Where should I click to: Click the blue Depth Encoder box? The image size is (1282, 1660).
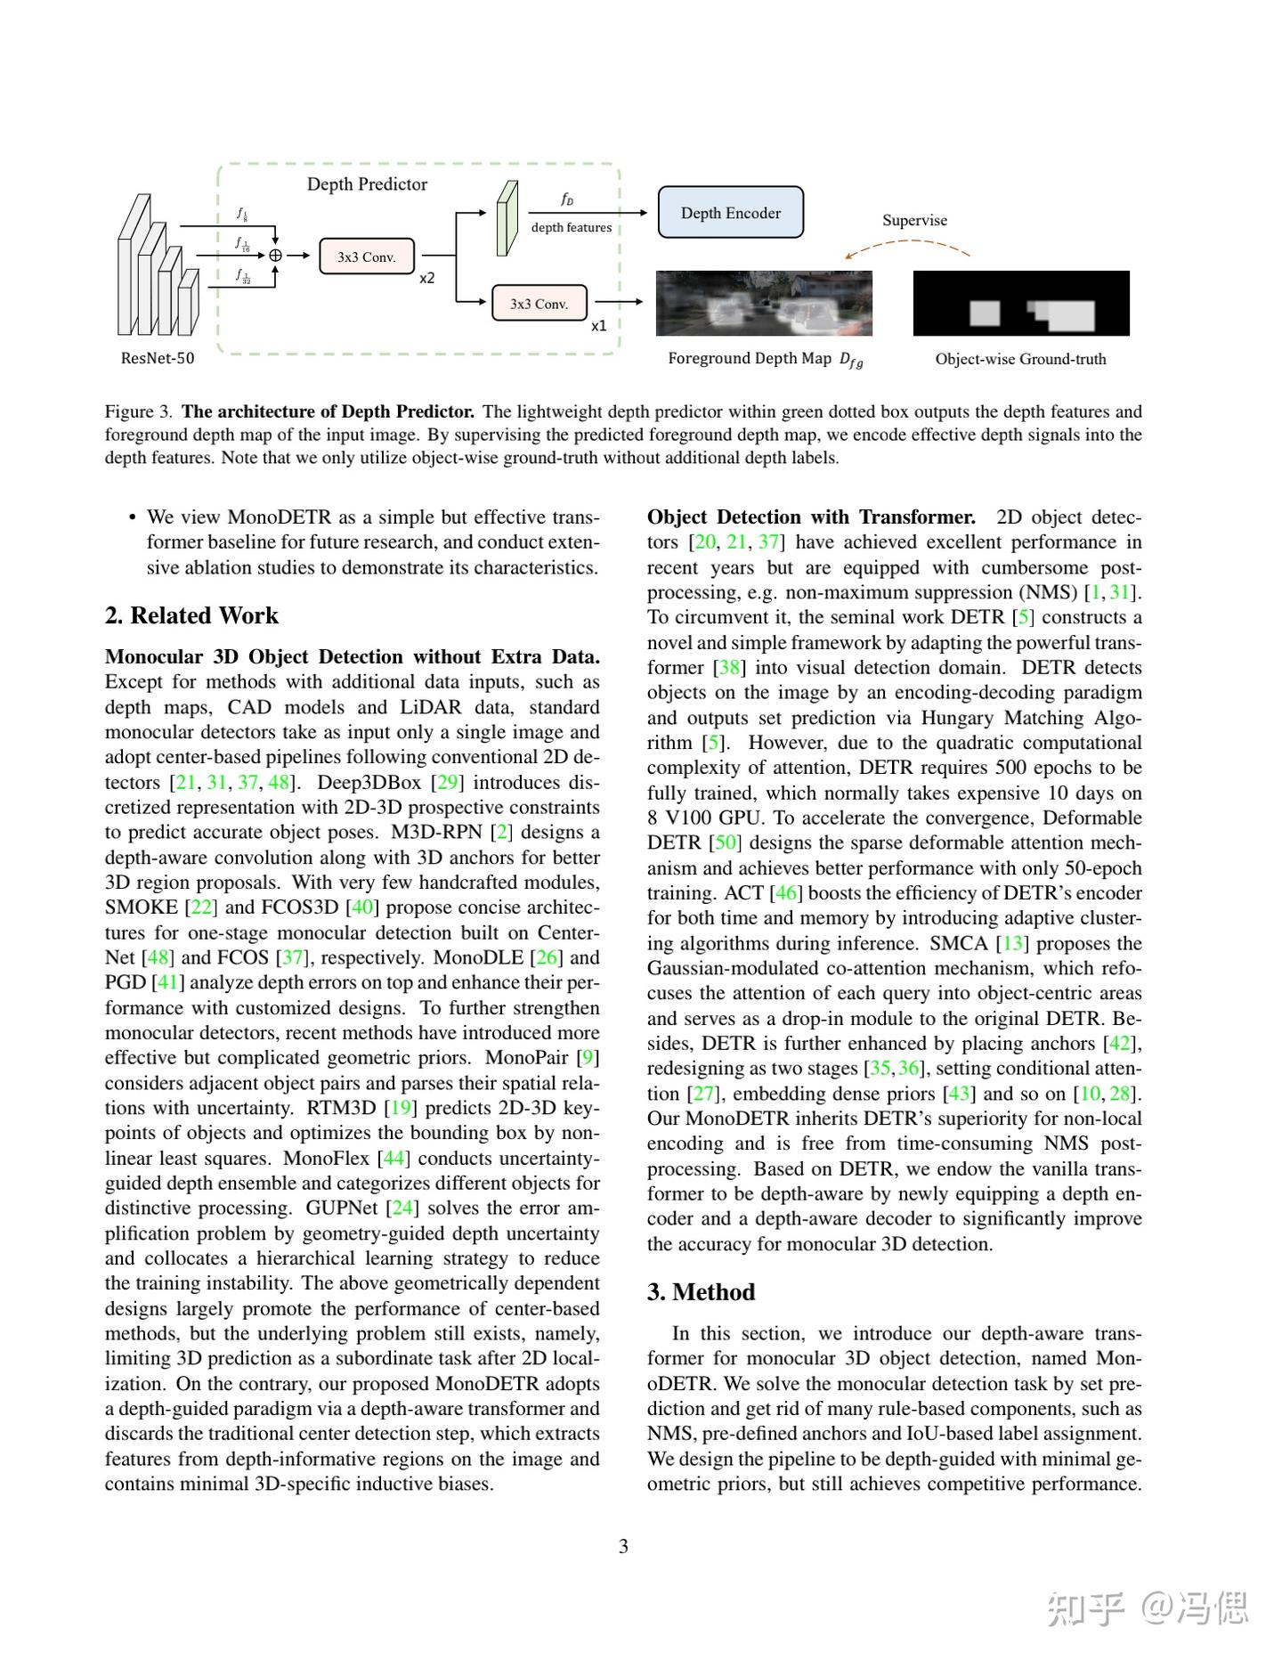point(730,213)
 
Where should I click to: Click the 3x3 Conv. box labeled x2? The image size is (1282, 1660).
point(366,256)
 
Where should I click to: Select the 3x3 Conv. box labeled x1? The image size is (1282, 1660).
point(539,304)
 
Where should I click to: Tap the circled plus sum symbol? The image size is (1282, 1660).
point(276,256)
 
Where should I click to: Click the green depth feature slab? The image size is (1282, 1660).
point(507,219)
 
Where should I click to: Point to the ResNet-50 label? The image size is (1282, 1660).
point(158,359)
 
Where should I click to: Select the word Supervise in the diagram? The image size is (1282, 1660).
point(914,220)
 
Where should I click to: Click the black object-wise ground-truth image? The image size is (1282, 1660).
point(1021,304)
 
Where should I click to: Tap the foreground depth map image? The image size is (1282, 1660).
point(764,304)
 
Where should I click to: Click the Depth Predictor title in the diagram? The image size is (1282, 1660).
point(367,184)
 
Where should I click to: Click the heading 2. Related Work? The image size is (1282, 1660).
point(191,615)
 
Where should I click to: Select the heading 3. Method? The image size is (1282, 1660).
point(701,1292)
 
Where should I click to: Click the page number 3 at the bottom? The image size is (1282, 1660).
point(623,1547)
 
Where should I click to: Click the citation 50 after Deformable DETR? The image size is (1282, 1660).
point(726,843)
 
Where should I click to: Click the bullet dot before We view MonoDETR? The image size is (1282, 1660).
point(132,518)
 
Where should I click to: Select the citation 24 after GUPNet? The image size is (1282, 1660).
point(403,1208)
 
